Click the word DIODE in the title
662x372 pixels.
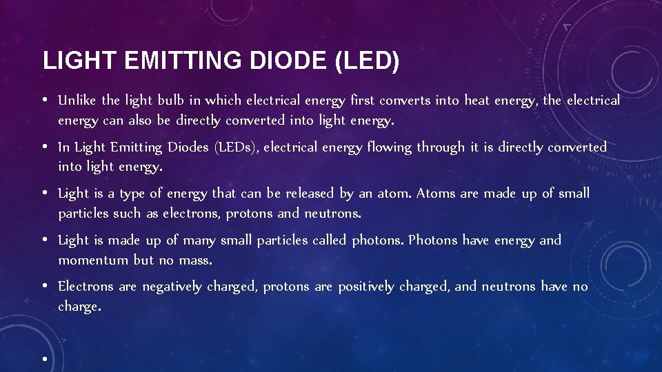288,61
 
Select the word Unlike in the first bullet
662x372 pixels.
77,101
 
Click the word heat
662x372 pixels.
477,101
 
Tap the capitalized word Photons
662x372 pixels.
433,240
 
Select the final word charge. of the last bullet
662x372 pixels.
79,307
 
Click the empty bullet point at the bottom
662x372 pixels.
43,360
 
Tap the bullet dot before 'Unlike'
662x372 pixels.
43,101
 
